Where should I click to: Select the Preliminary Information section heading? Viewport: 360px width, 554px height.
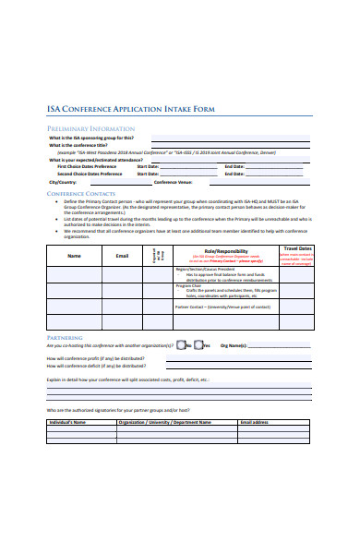click(91, 128)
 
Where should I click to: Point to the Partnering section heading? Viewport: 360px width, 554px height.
click(64, 338)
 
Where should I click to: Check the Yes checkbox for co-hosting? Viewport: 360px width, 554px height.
click(198, 345)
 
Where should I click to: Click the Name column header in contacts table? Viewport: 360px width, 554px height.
click(74, 255)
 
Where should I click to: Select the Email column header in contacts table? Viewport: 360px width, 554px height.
click(122, 255)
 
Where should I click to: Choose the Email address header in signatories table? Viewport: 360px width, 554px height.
click(256, 421)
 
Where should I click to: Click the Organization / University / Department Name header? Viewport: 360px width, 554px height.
click(159, 421)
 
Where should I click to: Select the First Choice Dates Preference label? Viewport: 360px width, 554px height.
click(89, 166)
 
